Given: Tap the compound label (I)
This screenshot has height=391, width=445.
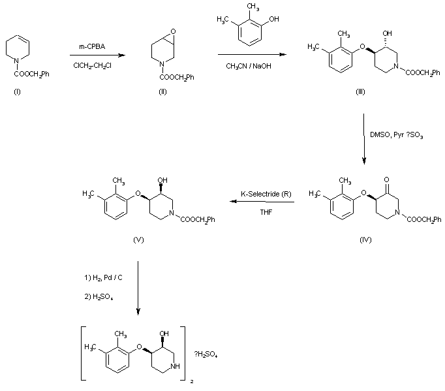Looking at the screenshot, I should [17, 92].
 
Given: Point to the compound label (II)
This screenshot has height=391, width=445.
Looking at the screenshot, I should [162, 92].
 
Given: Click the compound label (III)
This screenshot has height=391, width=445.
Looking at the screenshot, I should [360, 92].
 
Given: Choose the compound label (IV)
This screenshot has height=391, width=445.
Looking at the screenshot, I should [365, 240].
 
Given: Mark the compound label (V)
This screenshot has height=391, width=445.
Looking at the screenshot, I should [138, 240].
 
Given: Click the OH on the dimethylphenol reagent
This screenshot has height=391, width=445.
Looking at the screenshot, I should [273, 20].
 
